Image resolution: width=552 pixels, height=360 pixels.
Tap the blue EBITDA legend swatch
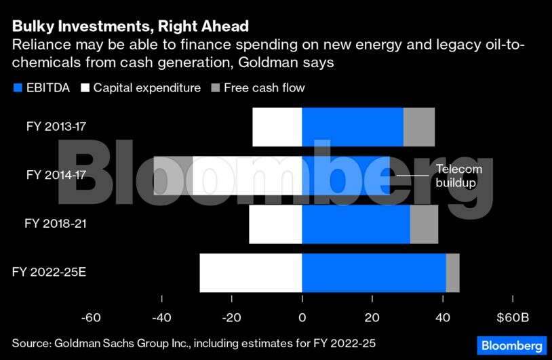click(x=17, y=87)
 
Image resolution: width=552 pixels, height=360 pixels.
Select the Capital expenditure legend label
click(x=146, y=87)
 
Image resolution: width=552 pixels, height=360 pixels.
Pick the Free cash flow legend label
click(x=265, y=87)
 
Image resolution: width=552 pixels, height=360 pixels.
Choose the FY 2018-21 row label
click(x=56, y=223)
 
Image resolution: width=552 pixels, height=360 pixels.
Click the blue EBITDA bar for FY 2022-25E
click(x=374, y=273)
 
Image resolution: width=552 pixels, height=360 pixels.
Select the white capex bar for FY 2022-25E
click(x=250, y=273)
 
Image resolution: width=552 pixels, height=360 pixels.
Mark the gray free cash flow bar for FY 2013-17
click(x=419, y=127)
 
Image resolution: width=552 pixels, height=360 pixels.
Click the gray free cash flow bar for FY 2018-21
click(x=425, y=224)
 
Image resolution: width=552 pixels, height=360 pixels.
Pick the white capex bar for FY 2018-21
click(x=275, y=224)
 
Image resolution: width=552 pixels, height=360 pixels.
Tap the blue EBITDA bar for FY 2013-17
click(x=353, y=127)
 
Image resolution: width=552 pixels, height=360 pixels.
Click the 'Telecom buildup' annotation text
click(x=458, y=176)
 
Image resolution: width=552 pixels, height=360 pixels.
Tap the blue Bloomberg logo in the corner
click(x=512, y=344)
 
